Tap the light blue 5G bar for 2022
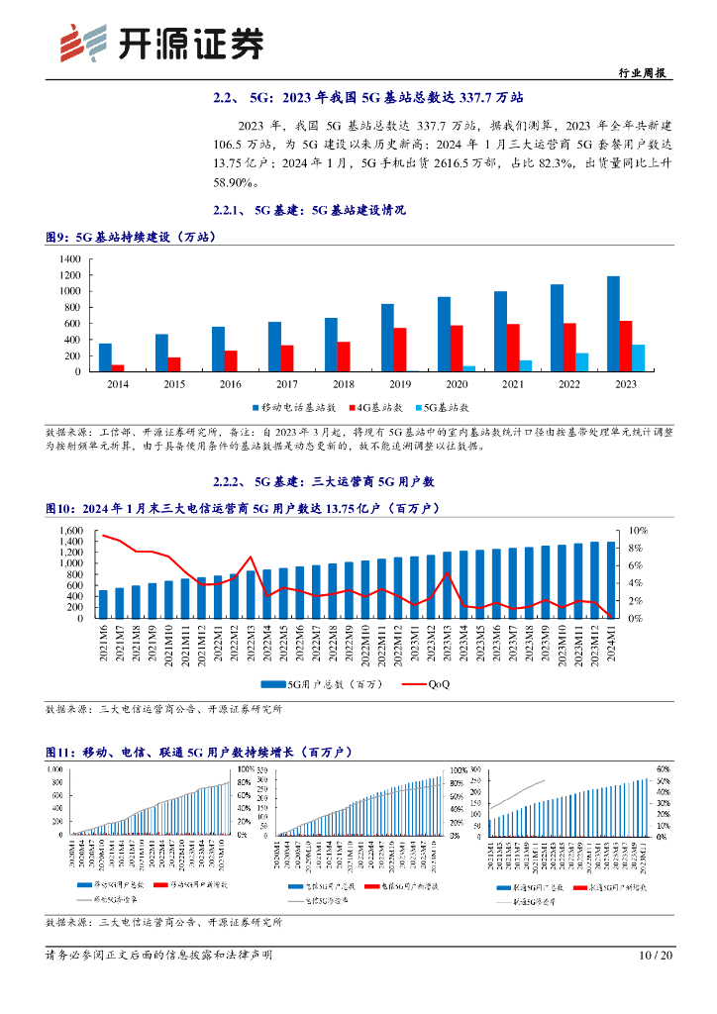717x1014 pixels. [x=582, y=362]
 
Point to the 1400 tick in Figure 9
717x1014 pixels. [x=68, y=258]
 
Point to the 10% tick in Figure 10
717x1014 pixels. [x=639, y=531]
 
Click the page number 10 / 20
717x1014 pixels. [x=657, y=956]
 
